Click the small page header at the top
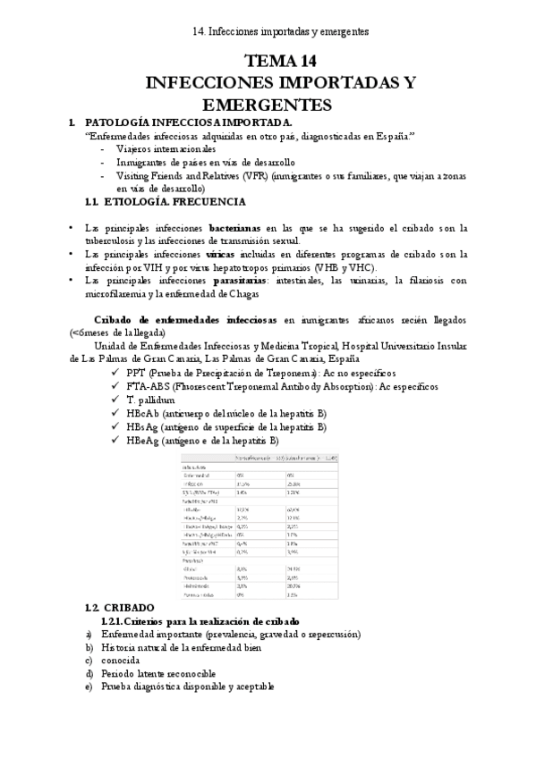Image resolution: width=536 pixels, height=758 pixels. point(280,30)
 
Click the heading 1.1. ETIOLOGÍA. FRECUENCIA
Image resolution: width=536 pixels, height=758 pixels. point(151,204)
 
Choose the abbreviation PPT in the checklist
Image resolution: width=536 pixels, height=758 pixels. point(138,373)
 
